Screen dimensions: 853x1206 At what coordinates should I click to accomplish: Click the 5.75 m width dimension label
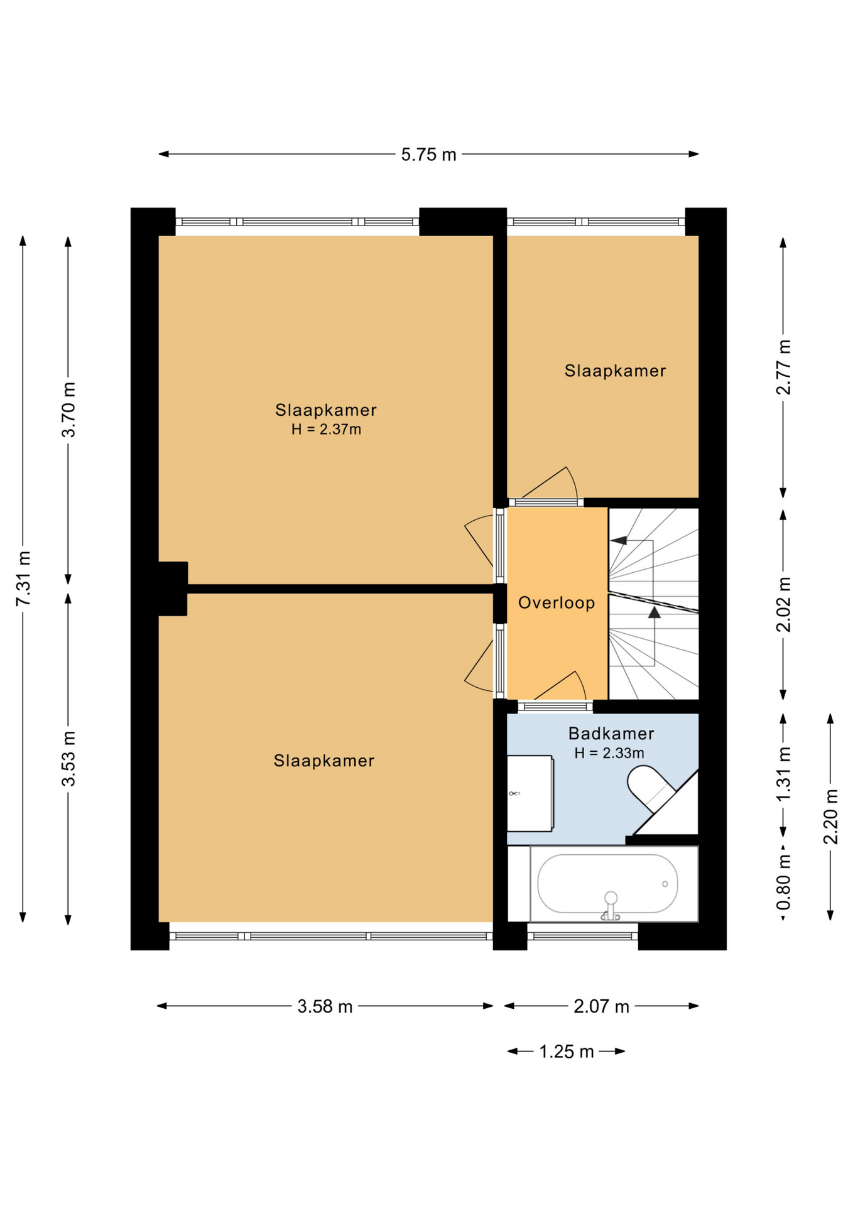(428, 155)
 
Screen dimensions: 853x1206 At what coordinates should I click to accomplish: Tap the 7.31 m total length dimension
(24, 579)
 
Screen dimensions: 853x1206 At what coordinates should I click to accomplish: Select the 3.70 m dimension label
(68, 410)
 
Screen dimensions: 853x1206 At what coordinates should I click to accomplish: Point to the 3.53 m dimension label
(68, 758)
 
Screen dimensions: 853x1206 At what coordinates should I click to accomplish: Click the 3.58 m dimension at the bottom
(325, 1006)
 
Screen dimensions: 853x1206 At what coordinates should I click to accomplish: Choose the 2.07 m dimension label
(601, 1006)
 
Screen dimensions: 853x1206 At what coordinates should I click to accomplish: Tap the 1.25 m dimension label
(567, 1051)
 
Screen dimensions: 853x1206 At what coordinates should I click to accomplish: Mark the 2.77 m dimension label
(783, 367)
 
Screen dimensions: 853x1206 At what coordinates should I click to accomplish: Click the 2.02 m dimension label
(783, 604)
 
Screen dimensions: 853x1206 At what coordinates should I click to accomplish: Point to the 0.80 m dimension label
(783, 882)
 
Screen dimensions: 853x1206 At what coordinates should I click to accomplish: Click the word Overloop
(557, 603)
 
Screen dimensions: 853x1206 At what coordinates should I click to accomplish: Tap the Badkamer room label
(611, 733)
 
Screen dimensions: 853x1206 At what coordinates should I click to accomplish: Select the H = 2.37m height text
(326, 430)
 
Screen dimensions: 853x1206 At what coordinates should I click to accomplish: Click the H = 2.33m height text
(609, 752)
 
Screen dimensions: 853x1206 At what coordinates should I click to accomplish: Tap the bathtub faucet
(611, 905)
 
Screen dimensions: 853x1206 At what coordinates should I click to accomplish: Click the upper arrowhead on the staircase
(619, 540)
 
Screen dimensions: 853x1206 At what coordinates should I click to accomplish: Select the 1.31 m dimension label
(783, 774)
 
